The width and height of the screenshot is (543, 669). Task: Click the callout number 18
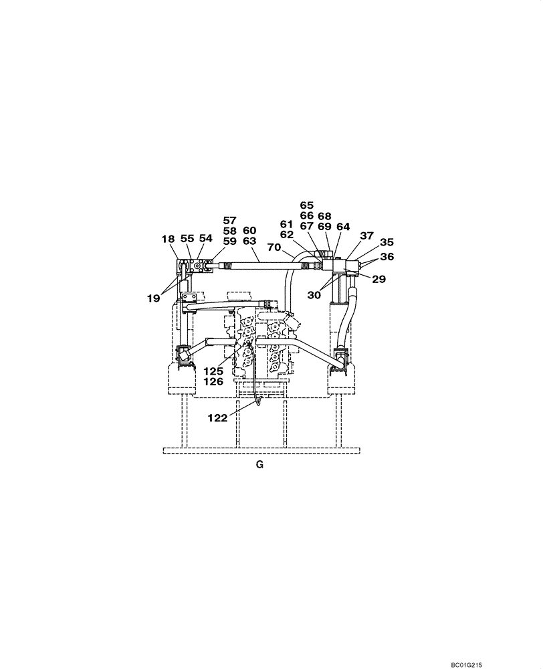[168, 239]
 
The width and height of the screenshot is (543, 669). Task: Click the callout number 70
[274, 248]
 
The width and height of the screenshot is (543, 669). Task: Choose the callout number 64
[343, 227]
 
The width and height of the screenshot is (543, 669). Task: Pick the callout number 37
[366, 235]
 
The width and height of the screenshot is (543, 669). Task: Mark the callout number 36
[387, 257]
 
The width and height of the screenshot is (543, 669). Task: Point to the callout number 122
[218, 417]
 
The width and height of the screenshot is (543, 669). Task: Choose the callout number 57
[230, 220]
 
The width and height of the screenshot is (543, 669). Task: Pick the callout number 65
[306, 205]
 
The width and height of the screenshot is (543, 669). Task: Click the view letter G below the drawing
[259, 466]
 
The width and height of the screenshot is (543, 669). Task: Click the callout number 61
[288, 224]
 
